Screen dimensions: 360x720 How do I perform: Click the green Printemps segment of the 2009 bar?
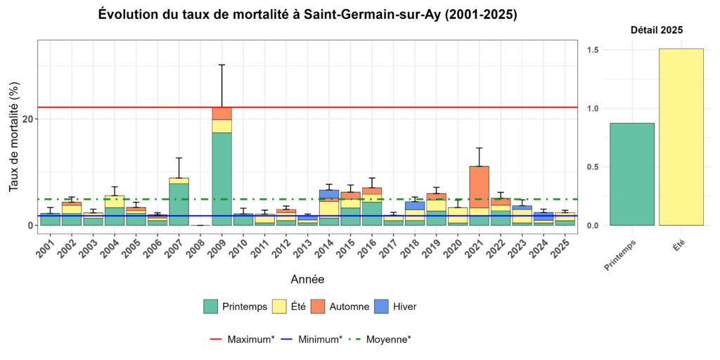point(221,179)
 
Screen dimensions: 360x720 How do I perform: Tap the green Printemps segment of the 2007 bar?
point(179,204)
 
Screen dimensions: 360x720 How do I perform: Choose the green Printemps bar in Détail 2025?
point(632,174)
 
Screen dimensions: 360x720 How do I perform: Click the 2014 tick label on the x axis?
point(327,247)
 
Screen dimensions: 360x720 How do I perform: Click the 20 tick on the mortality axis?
point(27,119)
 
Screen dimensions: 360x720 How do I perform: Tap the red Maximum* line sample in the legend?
point(217,340)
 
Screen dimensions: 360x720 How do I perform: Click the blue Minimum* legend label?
point(320,340)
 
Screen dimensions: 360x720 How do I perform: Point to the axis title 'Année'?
point(307,279)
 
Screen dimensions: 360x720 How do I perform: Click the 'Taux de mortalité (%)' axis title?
point(14,136)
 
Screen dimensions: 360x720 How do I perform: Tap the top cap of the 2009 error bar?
point(221,65)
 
